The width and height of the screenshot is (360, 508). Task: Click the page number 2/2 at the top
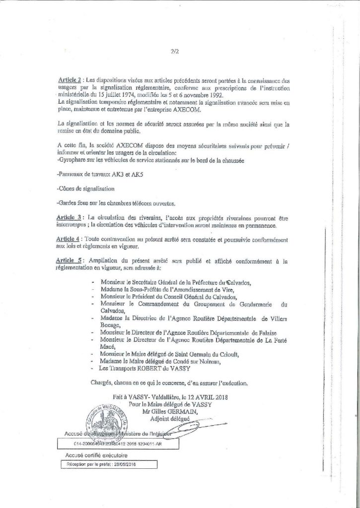tap(174, 50)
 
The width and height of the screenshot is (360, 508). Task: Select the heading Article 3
tap(69, 218)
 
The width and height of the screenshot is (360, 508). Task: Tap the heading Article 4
tap(69, 239)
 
